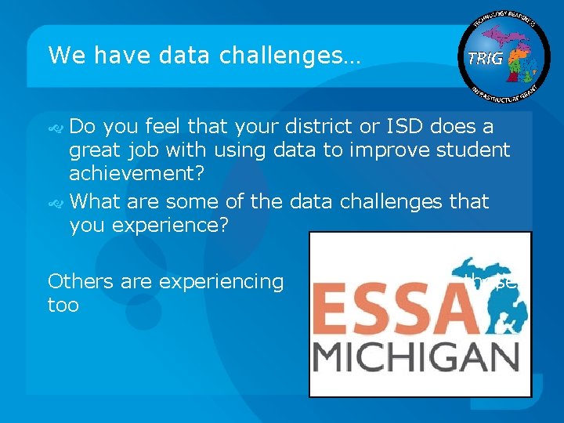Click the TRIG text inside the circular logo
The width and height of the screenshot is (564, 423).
pos(485,58)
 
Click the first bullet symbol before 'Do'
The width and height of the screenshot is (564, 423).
pos(56,128)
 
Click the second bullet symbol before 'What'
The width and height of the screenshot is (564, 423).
pos(56,204)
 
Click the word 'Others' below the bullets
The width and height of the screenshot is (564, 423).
pos(81,281)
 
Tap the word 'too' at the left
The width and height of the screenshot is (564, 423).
pos(63,305)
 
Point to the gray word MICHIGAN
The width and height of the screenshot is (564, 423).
pos(415,360)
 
